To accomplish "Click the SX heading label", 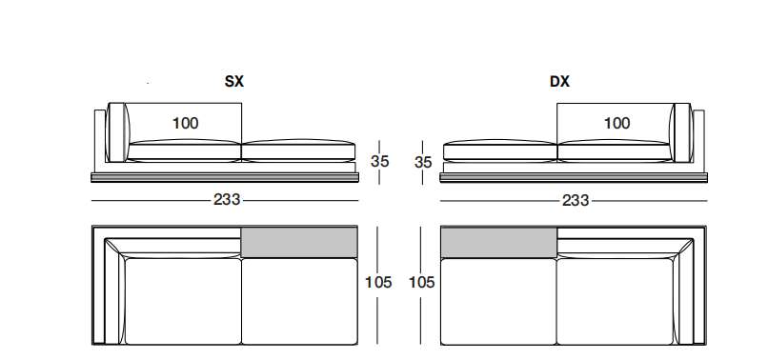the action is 233,81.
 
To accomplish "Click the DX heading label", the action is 559,81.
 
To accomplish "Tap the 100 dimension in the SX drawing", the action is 186,123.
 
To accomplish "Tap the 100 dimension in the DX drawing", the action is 616,123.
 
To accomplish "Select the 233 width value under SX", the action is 227,199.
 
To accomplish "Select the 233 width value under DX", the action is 576,200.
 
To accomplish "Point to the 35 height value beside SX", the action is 380,161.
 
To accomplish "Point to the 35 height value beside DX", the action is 424,162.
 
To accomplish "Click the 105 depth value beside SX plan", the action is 378,282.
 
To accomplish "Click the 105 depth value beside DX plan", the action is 422,282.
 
